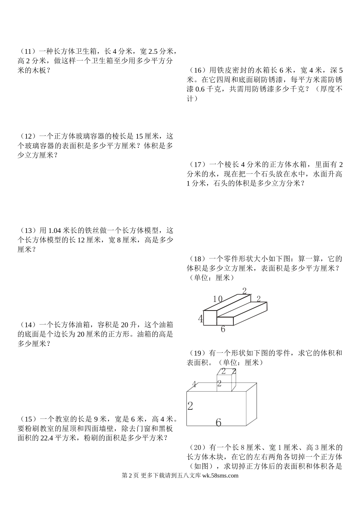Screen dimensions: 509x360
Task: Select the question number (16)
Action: (x=196, y=70)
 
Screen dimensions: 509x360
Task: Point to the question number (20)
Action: (x=196, y=447)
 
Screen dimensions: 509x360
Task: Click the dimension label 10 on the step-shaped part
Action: (x=217, y=299)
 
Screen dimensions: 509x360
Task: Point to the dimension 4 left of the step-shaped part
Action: (x=200, y=319)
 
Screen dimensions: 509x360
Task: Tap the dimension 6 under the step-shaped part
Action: (x=223, y=329)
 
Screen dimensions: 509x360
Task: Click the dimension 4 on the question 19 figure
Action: (x=194, y=385)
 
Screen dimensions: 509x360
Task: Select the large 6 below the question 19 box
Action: (x=218, y=422)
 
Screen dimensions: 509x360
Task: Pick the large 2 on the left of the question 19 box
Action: (x=190, y=406)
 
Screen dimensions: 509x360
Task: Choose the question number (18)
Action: (x=196, y=259)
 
